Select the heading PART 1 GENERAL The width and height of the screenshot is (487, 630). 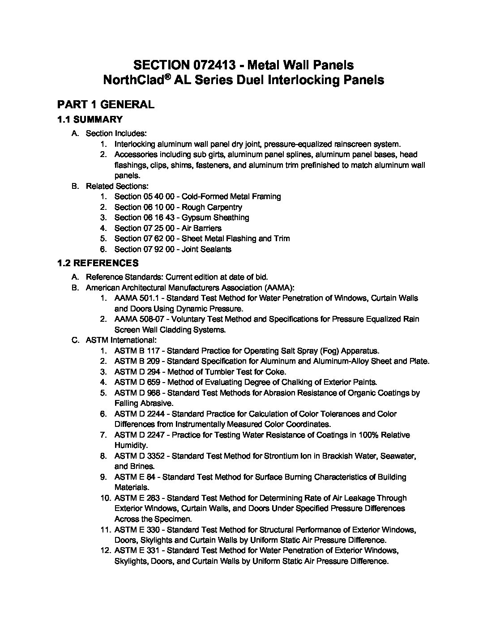(x=106, y=105)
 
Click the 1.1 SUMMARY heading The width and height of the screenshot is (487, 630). (x=90, y=119)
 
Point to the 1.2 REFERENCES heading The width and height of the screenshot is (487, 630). (x=98, y=263)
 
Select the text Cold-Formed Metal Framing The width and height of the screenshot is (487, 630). (x=231, y=196)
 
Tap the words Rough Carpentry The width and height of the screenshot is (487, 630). (x=212, y=207)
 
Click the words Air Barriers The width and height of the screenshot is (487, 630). (x=201, y=228)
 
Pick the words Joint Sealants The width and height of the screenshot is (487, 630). (x=206, y=249)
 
